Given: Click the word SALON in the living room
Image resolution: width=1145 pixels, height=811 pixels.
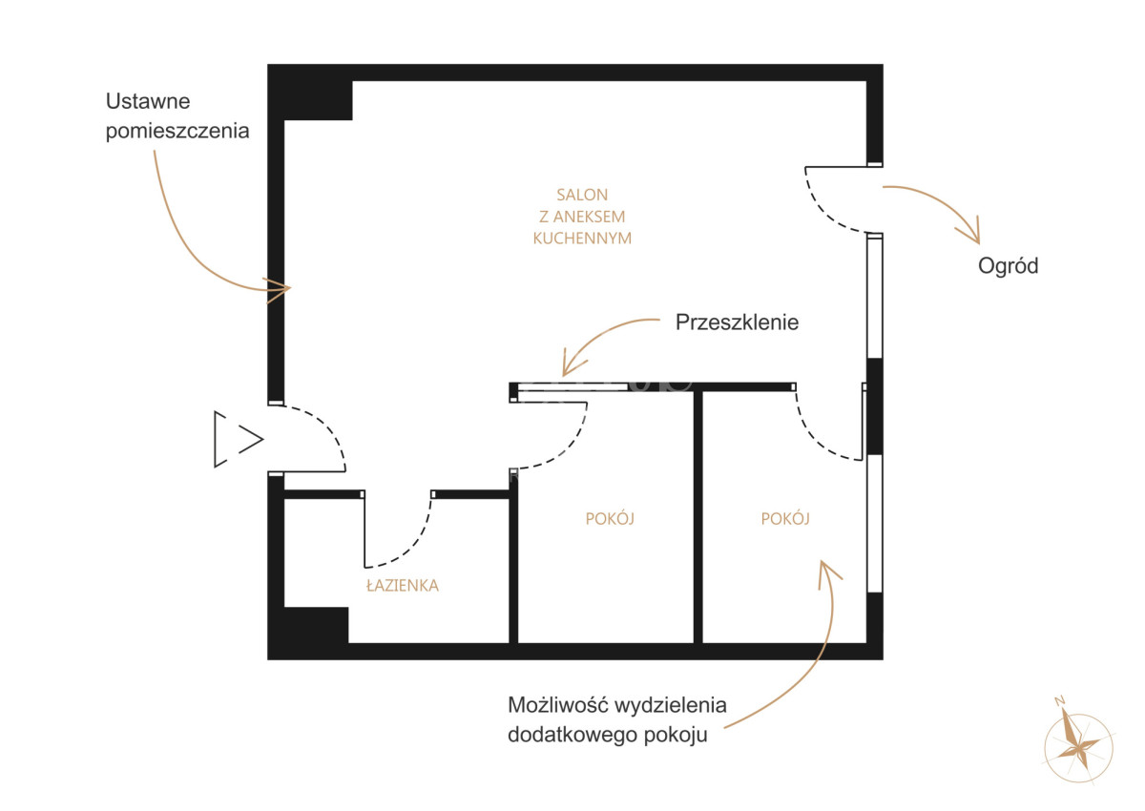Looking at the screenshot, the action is (582, 195).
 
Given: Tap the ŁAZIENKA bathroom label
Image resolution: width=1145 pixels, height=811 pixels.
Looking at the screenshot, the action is (403, 585).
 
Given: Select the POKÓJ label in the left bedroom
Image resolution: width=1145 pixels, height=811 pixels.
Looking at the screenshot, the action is (610, 519).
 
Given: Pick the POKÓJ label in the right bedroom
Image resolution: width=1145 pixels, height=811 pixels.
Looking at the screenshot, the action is (785, 519).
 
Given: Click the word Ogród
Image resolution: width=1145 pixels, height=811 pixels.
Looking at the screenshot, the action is (1008, 266).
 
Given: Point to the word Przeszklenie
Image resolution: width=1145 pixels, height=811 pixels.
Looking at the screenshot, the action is (737, 322).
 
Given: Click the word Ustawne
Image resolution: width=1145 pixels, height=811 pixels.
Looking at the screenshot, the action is (148, 101).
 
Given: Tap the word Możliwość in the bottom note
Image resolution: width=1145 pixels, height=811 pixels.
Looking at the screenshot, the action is (557, 705).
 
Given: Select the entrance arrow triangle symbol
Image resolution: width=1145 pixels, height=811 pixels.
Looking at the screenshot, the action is (239, 439).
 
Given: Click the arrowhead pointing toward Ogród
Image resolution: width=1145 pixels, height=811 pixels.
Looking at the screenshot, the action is (970, 235).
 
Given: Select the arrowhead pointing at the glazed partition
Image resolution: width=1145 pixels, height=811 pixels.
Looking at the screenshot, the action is (572, 364).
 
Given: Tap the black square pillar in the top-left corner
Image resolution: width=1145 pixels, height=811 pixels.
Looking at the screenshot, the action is (310, 93).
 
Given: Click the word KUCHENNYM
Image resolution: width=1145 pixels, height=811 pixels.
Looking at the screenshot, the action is (582, 239).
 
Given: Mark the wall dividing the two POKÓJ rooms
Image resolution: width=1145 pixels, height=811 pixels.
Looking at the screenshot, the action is (697, 517).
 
